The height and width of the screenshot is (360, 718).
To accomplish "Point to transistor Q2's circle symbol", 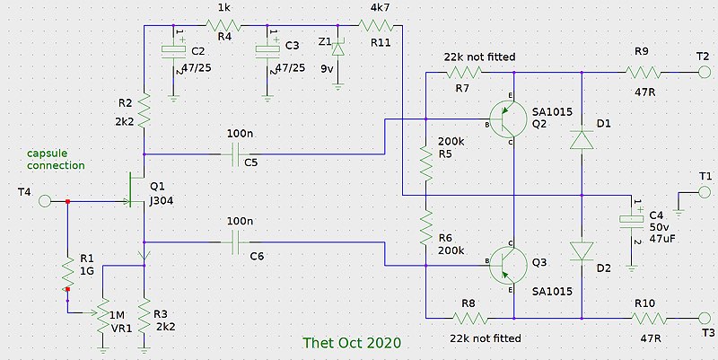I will click(506, 119).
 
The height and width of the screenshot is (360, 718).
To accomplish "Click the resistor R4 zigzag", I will click(223, 26).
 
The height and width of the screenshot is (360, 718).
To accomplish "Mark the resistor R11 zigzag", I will click(373, 26).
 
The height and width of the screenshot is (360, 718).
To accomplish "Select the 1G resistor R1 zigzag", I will click(67, 272).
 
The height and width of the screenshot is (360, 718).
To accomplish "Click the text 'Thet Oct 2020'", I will click(352, 343).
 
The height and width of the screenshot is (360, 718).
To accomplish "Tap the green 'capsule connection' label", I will click(56, 160).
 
